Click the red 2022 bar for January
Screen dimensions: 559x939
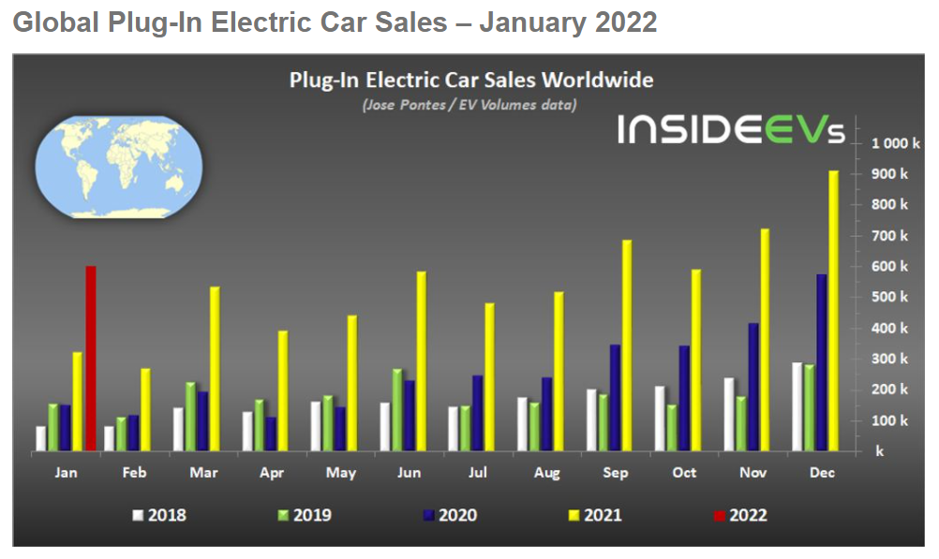(91, 359)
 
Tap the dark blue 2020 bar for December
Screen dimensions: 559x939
(821, 363)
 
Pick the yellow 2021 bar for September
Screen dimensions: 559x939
(627, 346)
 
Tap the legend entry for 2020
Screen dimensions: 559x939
(449, 515)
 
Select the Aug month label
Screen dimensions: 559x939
(546, 473)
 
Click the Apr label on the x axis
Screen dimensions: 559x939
(272, 473)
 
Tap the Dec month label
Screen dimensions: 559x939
(822, 473)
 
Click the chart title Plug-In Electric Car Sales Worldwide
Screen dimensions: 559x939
(471, 81)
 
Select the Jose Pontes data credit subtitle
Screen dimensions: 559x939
(469, 105)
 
